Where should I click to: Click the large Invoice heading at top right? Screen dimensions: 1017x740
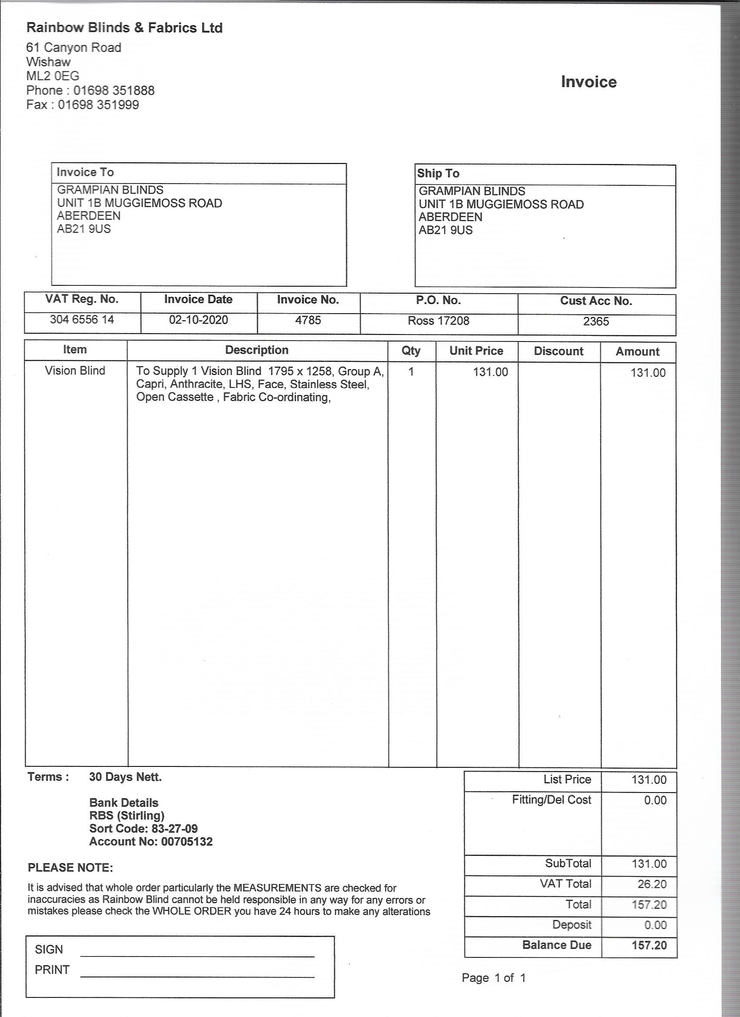(589, 82)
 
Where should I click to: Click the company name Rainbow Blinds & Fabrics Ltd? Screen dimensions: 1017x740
(124, 28)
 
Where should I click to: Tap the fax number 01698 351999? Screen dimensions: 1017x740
(98, 105)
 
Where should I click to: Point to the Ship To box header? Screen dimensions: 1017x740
(438, 174)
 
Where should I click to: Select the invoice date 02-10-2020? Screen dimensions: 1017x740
(198, 320)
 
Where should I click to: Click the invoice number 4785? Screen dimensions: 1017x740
(308, 320)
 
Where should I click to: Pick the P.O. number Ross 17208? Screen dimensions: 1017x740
(438, 321)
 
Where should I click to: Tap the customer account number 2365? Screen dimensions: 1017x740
(596, 321)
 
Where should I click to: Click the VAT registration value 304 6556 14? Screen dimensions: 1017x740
(82, 320)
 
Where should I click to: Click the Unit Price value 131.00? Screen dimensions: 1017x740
(490, 372)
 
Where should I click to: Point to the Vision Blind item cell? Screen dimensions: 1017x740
(75, 371)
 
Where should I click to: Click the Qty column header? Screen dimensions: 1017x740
(410, 351)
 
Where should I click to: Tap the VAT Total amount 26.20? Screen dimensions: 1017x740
(652, 884)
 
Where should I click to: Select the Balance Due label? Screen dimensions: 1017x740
(556, 945)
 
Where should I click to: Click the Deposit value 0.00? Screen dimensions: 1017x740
(655, 925)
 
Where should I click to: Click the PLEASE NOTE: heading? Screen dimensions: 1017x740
(71, 868)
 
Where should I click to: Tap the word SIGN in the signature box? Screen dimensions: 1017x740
(49, 950)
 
